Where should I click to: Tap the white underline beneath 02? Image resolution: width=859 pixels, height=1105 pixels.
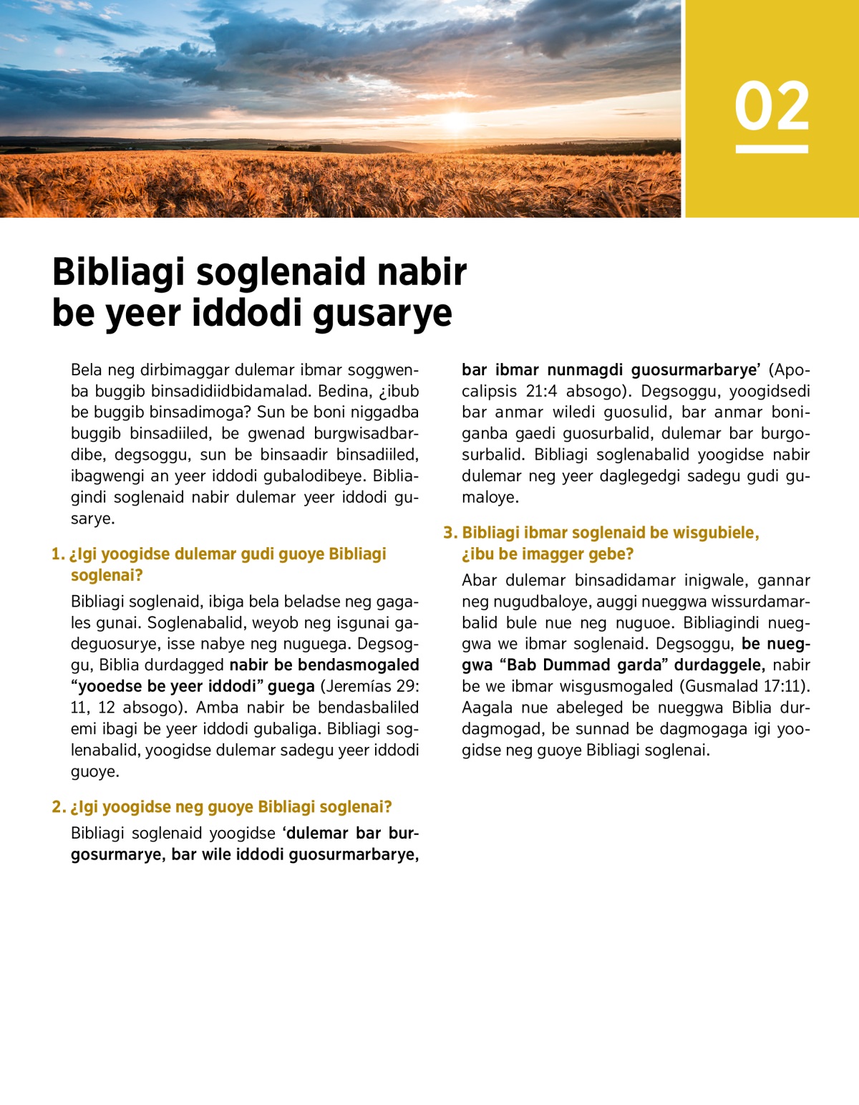(x=772, y=149)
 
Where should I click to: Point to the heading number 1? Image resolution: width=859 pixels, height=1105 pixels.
(x=57, y=554)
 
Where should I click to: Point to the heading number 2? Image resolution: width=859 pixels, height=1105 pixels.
(x=57, y=807)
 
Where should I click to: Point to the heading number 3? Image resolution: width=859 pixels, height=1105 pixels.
(x=449, y=533)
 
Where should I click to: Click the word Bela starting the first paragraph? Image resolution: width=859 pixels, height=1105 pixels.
(x=86, y=370)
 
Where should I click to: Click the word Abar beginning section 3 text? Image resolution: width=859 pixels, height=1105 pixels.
(x=480, y=580)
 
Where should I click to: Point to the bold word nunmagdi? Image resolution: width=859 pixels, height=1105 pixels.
(x=586, y=370)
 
